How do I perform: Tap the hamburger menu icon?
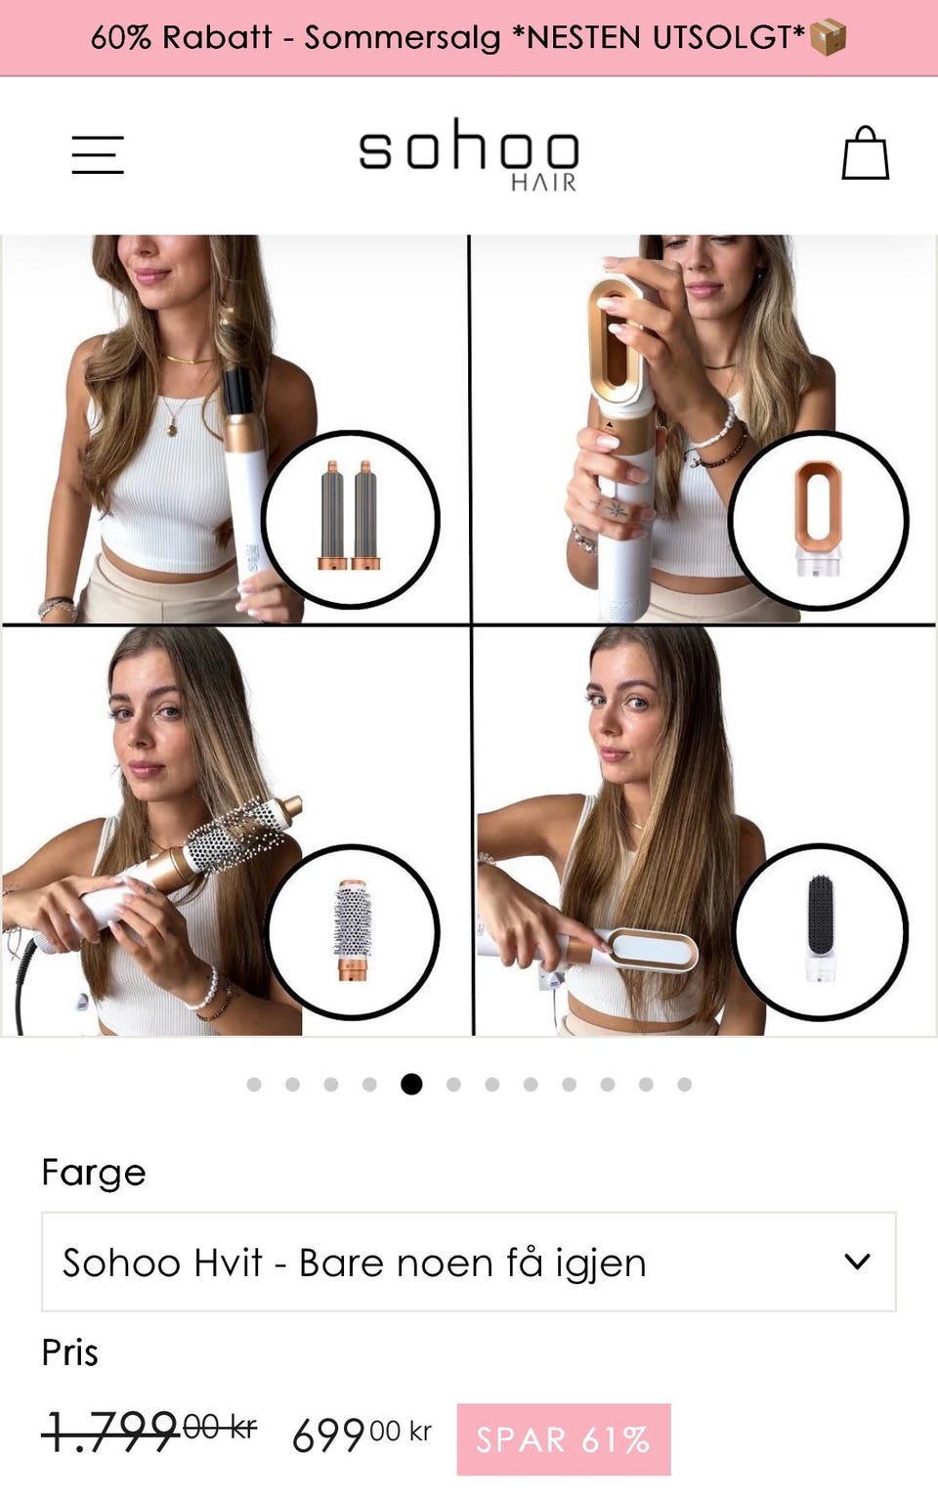point(98,154)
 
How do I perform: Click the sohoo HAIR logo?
point(468,154)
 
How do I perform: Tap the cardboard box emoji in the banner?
point(828,37)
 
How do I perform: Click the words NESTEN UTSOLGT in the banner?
point(665,37)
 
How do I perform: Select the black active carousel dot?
point(411,1084)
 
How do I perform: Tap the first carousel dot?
point(254,1084)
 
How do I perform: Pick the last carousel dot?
point(684,1084)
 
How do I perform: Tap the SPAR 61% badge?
point(564,1439)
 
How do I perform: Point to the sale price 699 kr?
point(362,1435)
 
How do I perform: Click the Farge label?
point(94,1173)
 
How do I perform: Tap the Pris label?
point(70,1352)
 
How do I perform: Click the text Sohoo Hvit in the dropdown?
point(162,1263)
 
